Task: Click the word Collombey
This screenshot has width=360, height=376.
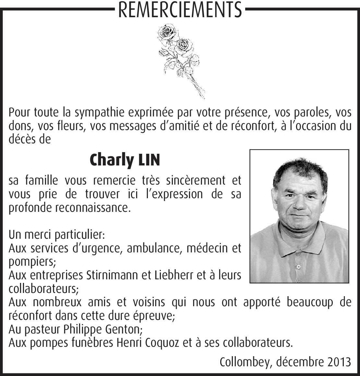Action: point(245,362)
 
